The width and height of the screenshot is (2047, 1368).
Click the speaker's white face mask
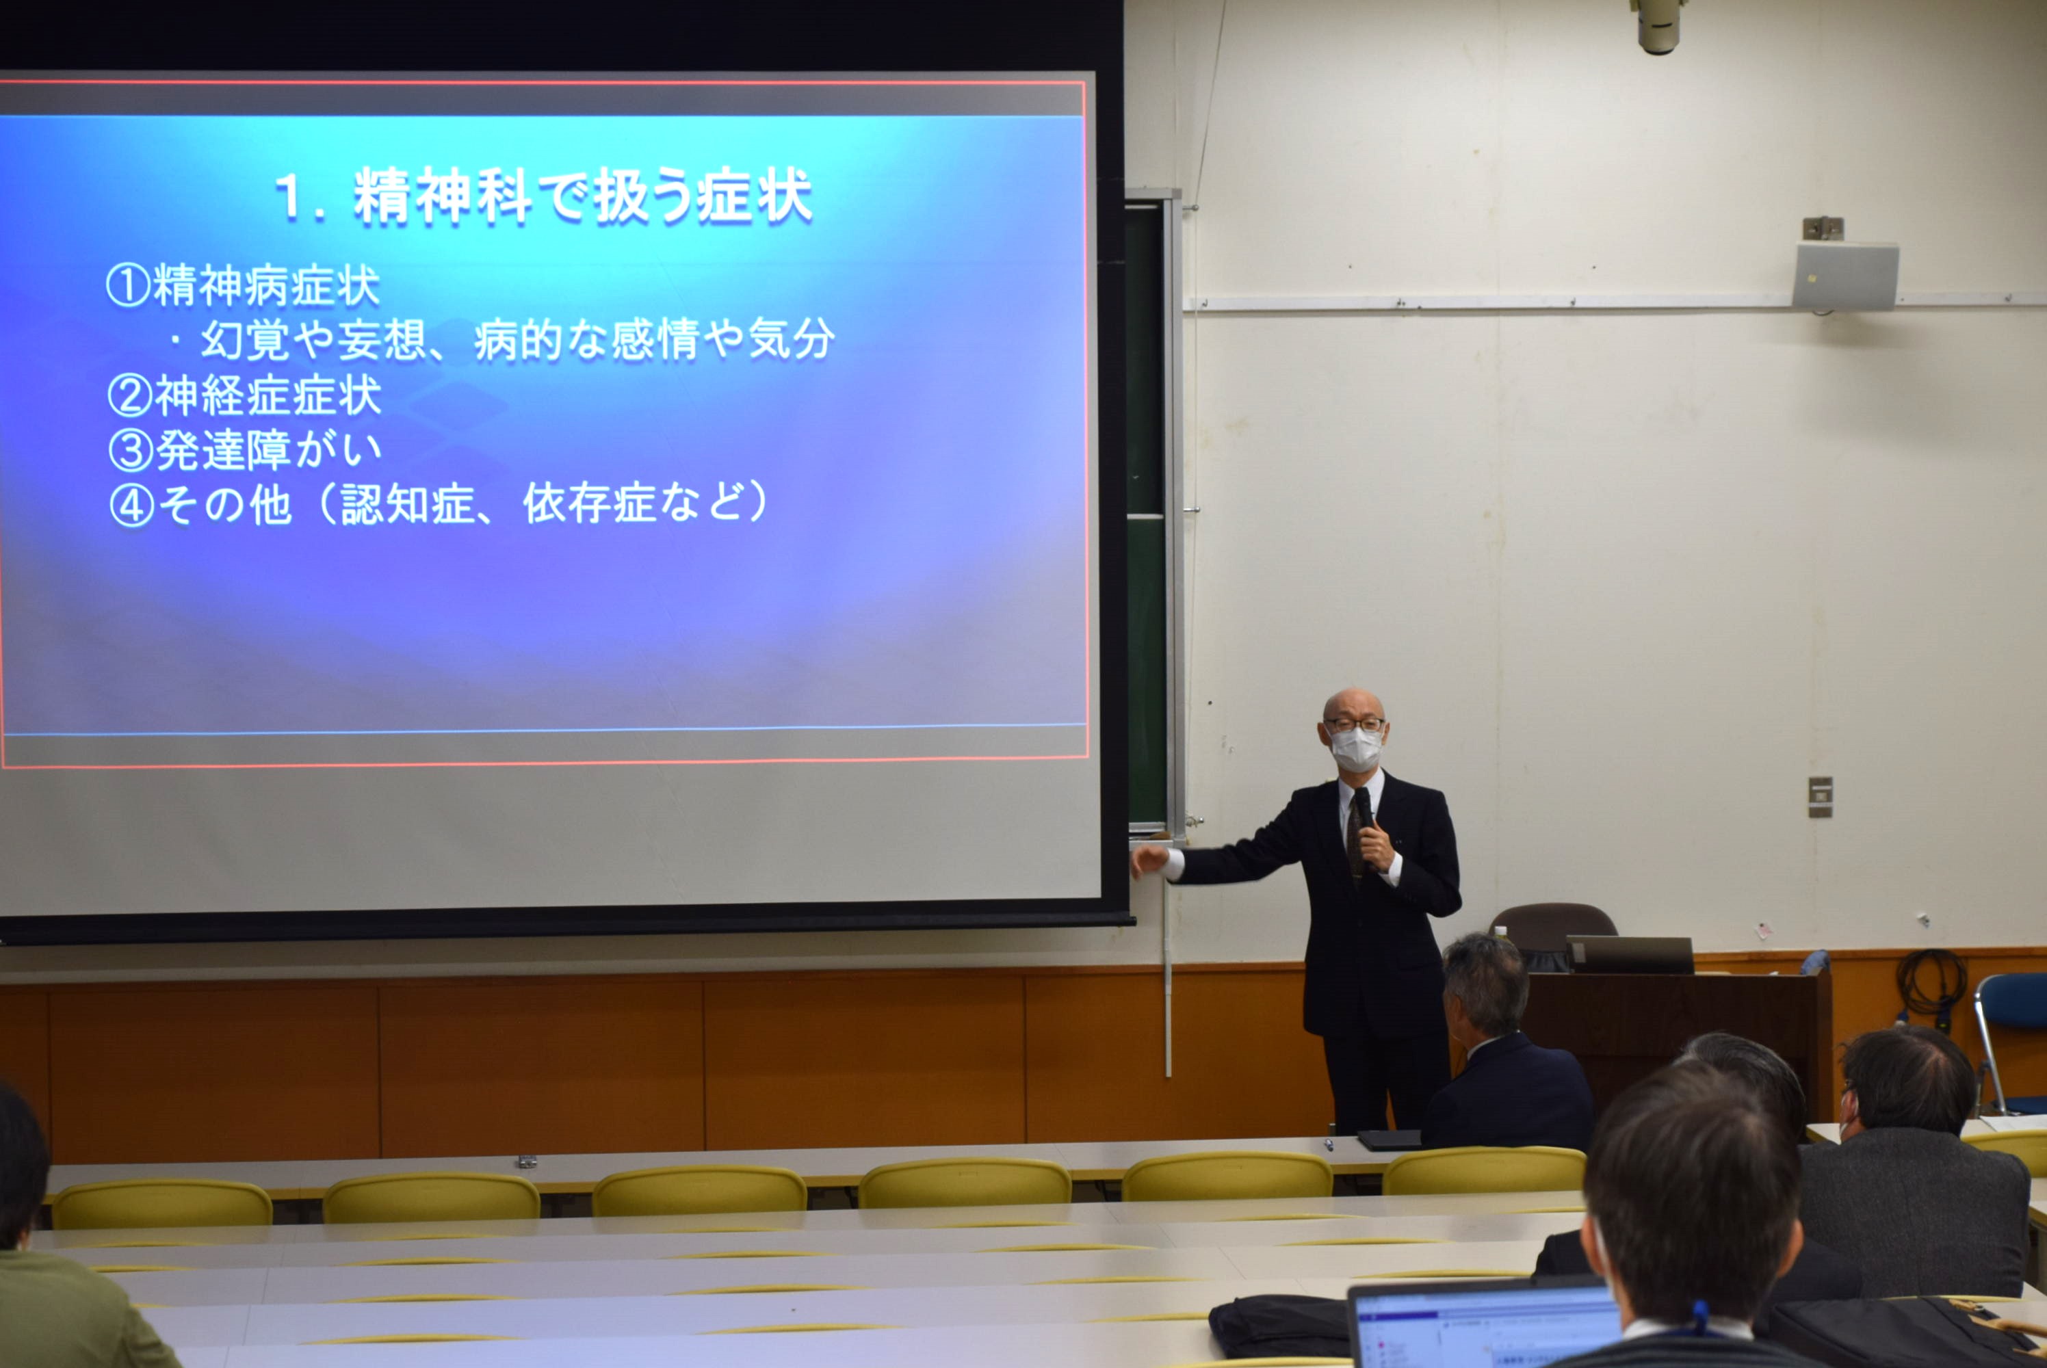pyautogui.click(x=1356, y=748)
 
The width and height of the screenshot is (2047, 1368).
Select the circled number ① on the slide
pyautogui.click(x=128, y=286)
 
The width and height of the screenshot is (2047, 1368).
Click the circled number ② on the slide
pyautogui.click(x=130, y=395)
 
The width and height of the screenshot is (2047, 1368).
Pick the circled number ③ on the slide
pyautogui.click(x=131, y=450)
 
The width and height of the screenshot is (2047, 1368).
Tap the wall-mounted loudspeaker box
pyautogui.click(x=1845, y=274)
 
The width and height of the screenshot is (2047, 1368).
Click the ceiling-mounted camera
pyautogui.click(x=1658, y=25)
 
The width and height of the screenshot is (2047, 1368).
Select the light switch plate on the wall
pyautogui.click(x=1820, y=797)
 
